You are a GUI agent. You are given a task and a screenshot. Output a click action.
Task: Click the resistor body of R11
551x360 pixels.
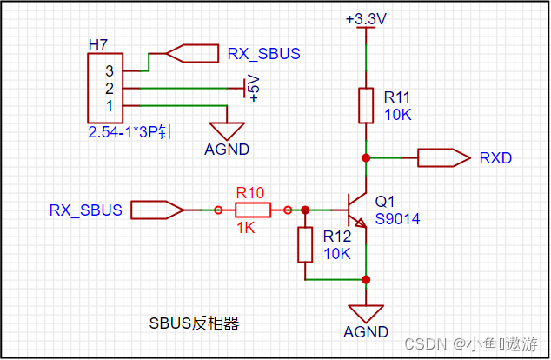coord(366,105)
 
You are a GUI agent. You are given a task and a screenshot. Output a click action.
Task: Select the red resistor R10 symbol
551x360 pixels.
coord(252,210)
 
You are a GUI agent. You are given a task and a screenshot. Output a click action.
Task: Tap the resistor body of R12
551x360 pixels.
coord(305,244)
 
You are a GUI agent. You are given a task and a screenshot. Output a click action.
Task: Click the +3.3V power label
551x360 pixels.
coord(365,18)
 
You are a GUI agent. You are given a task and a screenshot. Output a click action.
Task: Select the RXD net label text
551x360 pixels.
coord(495,157)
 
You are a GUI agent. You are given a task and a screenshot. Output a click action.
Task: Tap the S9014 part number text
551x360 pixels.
coord(397,219)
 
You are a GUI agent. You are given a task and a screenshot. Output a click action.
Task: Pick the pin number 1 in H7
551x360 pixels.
coord(110,105)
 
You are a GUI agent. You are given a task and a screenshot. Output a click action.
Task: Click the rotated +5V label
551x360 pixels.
coord(254,88)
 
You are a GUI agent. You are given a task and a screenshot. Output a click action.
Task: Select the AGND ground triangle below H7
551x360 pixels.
coord(227,130)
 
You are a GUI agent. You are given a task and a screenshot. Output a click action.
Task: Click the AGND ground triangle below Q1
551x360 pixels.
coord(365,313)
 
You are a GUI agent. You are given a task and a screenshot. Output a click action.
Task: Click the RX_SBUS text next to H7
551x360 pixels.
coord(263,54)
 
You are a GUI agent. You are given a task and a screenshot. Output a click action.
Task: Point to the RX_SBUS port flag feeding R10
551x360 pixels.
coord(156,210)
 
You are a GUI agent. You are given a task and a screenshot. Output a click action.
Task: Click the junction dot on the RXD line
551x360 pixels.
coord(366,157)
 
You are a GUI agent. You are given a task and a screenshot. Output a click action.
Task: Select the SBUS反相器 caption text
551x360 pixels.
coord(194,323)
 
